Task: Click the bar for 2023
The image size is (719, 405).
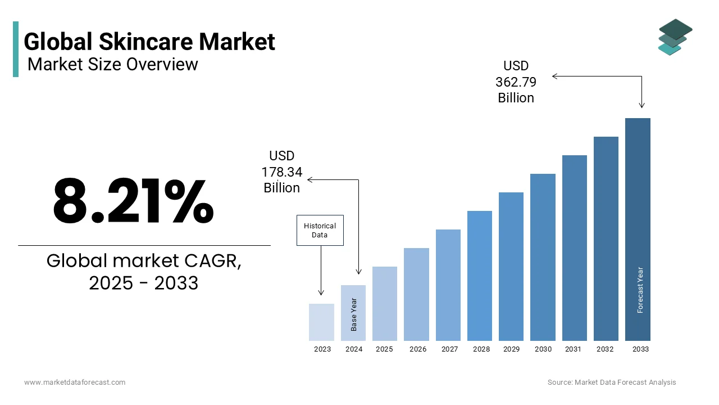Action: point(321,322)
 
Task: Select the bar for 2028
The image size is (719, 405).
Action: point(480,276)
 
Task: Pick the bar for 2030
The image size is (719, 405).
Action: point(543,257)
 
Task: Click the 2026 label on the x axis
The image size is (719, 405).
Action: point(418,349)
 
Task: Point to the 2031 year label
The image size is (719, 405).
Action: point(573,349)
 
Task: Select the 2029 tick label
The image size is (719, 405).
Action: point(511,349)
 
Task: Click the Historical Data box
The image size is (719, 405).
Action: point(320,230)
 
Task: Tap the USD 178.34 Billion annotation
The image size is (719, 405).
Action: point(281,172)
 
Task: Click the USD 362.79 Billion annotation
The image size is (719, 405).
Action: point(516,82)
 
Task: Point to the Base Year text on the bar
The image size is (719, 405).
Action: point(354,314)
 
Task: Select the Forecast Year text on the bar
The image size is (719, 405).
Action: point(640,290)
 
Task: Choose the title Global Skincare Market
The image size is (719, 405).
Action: point(149,42)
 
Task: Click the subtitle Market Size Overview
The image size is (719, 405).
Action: point(112,64)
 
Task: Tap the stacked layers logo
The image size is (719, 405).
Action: point(675,37)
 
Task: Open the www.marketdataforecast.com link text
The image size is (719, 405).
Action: point(75,382)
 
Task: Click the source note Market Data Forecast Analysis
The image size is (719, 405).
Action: point(612,382)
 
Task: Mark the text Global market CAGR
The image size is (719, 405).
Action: point(144,261)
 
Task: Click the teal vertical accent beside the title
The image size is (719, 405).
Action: point(16,49)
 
